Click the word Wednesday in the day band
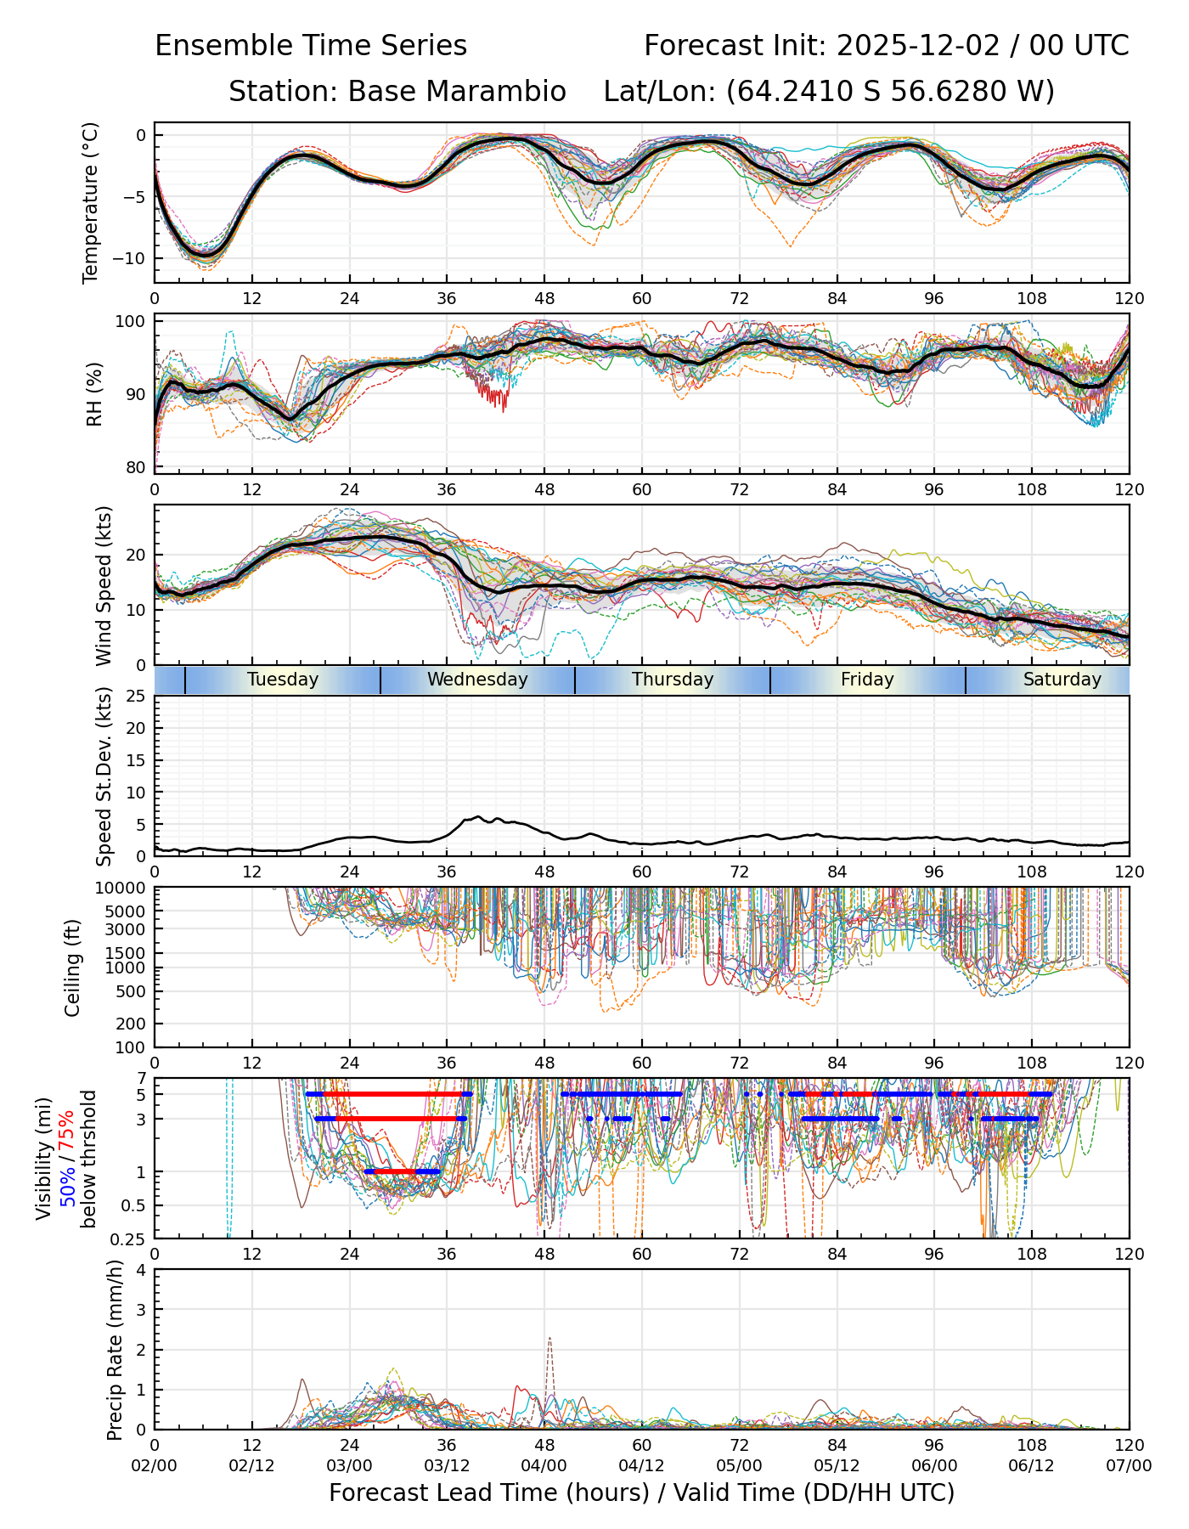(x=477, y=680)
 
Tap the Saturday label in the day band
(x=1062, y=680)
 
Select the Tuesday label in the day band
(x=283, y=680)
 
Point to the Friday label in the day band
(x=867, y=680)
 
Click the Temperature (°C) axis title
(x=91, y=202)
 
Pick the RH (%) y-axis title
(x=94, y=394)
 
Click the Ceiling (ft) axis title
(x=73, y=968)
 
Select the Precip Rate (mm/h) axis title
(x=115, y=1350)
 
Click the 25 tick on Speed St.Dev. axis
(x=136, y=697)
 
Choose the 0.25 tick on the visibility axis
(x=129, y=1238)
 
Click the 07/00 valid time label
(x=1129, y=1465)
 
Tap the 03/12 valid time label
(x=447, y=1465)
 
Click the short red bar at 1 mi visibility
(x=399, y=1171)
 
